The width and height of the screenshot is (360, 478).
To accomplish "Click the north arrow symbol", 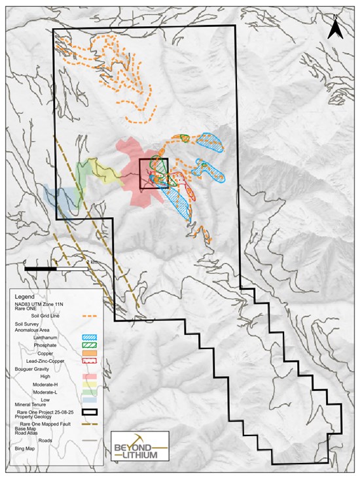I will (335, 27).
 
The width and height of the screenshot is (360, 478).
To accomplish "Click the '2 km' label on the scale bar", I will (97, 262).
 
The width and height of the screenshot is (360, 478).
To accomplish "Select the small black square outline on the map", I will (154, 173).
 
